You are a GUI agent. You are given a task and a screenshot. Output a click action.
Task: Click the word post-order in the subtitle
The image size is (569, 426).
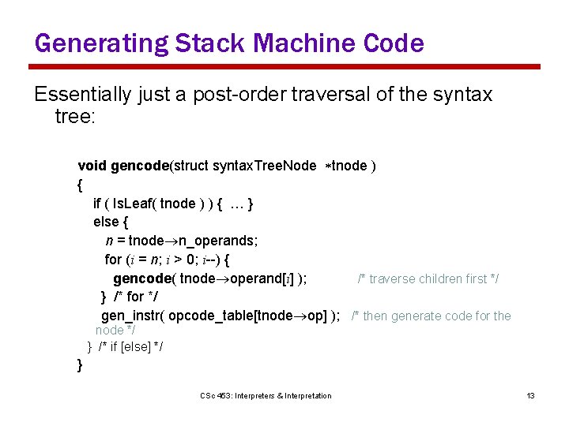(254, 95)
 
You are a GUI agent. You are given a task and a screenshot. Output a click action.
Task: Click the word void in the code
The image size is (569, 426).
(92, 166)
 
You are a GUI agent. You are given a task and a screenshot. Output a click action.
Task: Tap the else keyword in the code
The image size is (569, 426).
(105, 222)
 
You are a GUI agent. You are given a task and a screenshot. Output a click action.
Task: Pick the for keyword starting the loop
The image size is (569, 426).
(113, 260)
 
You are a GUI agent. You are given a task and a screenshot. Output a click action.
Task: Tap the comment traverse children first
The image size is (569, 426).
(428, 279)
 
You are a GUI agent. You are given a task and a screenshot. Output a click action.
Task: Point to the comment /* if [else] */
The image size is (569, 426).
(130, 346)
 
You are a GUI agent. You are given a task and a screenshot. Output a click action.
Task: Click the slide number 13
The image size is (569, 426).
(531, 395)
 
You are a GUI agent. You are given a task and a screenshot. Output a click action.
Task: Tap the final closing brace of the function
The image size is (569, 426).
(80, 364)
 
